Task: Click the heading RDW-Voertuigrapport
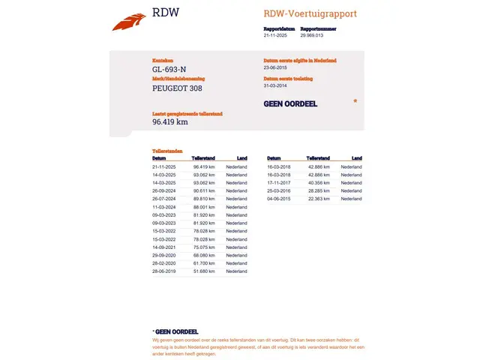pos(310,13)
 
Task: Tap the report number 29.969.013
pos(311,35)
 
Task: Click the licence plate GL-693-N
pos(169,70)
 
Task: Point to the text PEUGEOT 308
pos(177,88)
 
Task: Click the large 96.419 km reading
pos(169,122)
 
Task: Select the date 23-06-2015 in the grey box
pos(277,67)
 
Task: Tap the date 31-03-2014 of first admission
pos(277,85)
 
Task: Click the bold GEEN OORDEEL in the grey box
pos(290,104)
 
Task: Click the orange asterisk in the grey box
pos(355,100)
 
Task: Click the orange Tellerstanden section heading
pos(167,151)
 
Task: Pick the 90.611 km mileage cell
pos(204,190)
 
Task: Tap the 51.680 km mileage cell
pos(204,271)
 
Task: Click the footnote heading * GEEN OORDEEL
pos(175,331)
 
